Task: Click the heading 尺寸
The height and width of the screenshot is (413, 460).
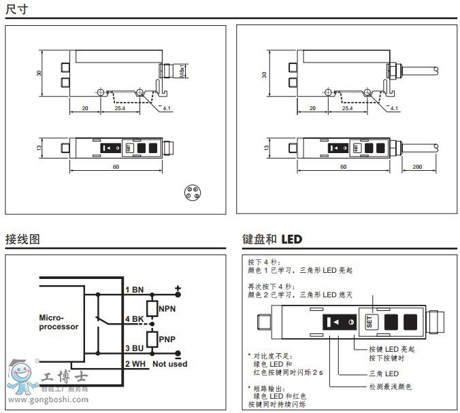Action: pos(16,9)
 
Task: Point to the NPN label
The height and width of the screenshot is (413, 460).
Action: pos(167,308)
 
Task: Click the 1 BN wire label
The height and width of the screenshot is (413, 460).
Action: pos(135,290)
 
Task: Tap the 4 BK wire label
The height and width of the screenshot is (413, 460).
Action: pos(135,319)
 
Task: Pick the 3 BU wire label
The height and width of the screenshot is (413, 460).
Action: pos(135,348)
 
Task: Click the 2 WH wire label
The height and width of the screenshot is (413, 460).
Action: pos(135,364)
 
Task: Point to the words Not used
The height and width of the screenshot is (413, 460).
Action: pos(169,364)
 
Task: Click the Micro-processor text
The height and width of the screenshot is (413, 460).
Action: pos(59,322)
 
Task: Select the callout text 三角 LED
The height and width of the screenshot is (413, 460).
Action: pos(384,374)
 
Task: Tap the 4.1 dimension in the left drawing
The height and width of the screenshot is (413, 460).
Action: pos(168,108)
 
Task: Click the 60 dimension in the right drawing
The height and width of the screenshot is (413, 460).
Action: pos(342,166)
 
